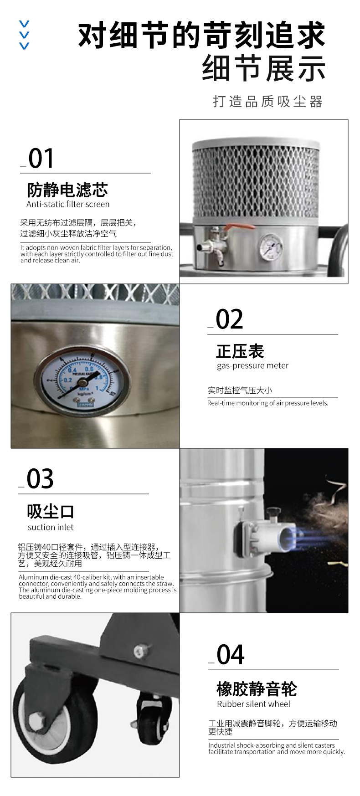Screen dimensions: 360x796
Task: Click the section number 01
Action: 41,159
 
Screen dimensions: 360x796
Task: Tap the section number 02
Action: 229,319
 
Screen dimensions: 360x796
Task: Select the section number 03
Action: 40,479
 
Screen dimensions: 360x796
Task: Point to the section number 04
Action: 231,655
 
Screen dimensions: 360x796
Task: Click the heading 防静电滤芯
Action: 67,190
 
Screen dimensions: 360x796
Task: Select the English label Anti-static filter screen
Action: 68,204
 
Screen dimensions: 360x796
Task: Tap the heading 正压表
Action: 240,351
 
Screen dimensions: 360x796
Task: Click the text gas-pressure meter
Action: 252,365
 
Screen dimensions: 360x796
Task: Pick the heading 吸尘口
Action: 50,512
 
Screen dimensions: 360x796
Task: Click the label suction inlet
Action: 51,527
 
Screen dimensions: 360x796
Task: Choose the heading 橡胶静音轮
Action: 257,689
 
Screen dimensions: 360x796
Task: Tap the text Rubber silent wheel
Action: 253,704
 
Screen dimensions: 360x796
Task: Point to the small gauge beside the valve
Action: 270,247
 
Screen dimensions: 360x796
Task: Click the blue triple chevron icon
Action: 24,35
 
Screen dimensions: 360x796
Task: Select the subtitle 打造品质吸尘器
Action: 268,101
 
